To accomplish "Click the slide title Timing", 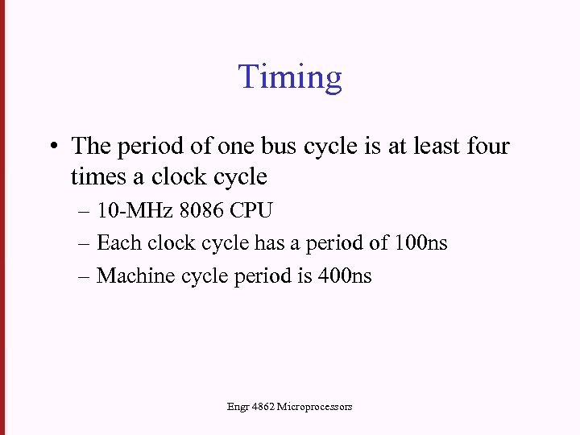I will point(290,77).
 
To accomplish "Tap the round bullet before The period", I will point(51,147).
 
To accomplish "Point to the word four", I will point(486,146).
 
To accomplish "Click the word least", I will point(436,146).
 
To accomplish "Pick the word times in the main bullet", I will point(94,176).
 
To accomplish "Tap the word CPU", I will point(251,211).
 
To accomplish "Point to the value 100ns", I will point(421,243).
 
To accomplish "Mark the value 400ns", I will point(346,275).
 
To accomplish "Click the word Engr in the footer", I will point(238,407).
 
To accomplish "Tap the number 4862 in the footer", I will point(263,407).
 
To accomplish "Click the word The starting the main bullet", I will point(91,146).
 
